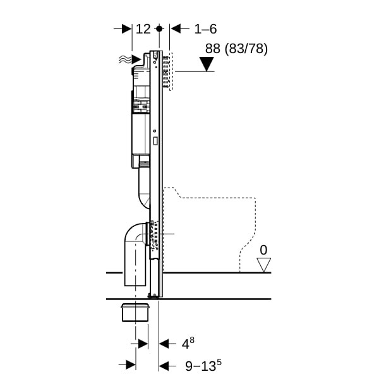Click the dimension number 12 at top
click(143, 29)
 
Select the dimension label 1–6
click(206, 29)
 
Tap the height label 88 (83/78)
click(236, 49)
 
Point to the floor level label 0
click(263, 250)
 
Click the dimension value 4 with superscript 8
click(188, 343)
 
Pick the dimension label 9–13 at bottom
click(203, 366)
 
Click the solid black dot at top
click(159, 29)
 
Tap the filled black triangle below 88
click(207, 64)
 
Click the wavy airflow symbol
click(125, 59)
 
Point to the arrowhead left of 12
click(127, 29)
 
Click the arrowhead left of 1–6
click(176, 29)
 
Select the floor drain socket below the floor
click(135, 313)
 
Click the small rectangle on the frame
click(155, 141)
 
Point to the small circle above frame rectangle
click(155, 131)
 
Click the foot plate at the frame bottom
click(153, 296)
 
